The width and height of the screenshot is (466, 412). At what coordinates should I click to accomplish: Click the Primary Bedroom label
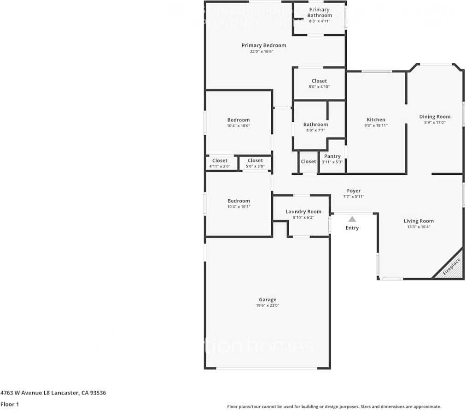click(264, 45)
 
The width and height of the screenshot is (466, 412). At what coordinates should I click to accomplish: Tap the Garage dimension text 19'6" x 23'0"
click(268, 305)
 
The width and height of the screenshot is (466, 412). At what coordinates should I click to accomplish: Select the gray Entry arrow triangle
click(352, 219)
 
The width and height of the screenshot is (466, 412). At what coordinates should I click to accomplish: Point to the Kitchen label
click(376, 119)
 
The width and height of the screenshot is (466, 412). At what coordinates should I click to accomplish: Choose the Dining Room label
click(435, 117)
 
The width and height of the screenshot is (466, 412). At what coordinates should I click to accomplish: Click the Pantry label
click(332, 156)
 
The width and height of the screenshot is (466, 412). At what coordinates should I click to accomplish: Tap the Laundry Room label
click(303, 212)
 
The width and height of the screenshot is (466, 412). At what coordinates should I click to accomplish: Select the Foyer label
click(354, 191)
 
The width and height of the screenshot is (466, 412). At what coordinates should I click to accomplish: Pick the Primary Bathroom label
click(320, 12)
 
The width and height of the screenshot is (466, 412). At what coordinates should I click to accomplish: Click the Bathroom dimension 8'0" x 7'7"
click(315, 130)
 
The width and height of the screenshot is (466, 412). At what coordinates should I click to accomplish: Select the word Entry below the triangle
click(352, 228)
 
